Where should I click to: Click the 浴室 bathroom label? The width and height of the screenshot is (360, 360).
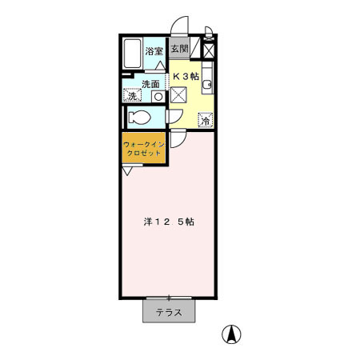154,51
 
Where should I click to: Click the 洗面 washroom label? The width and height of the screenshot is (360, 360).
150,83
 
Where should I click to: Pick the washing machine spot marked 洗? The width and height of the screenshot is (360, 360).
130,95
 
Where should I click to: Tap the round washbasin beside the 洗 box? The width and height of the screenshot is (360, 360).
158,96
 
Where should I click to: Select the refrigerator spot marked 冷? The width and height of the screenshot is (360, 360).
205,121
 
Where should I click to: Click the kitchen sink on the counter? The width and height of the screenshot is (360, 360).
207,84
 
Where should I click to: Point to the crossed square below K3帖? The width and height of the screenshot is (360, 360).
178,95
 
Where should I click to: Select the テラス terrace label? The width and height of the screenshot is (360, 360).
168,313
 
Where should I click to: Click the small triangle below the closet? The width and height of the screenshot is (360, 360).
127,170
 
